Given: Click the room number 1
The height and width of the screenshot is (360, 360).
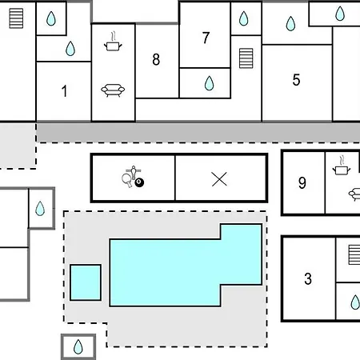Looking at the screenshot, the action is point(64,91).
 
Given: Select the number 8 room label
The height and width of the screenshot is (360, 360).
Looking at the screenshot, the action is point(156,59).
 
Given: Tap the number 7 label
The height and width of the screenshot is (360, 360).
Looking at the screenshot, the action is point(206,38).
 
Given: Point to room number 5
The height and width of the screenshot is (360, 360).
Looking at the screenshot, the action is point(296,80).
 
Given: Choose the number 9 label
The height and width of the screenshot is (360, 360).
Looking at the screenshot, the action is point(302,183).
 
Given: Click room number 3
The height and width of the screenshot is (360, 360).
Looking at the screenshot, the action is point(308,278).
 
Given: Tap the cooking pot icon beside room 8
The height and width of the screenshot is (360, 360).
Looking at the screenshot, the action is point(113,42).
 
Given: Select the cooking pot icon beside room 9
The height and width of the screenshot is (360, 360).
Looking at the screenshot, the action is point(342,166).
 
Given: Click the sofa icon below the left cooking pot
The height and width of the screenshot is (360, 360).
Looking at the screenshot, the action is point(113,90).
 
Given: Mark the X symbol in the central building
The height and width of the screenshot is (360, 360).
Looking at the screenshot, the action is point(219,179).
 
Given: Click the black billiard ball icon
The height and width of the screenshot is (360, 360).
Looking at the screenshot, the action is point(139,182).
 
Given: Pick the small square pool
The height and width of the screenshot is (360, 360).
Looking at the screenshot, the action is point(86,282).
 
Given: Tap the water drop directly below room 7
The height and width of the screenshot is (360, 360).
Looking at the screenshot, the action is point(209,83).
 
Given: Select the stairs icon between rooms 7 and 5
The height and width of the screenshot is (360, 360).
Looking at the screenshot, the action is point(246,58).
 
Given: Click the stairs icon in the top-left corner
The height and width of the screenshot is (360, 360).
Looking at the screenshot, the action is point(16,18).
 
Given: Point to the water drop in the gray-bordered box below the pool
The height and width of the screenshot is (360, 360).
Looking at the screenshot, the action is point(78,346).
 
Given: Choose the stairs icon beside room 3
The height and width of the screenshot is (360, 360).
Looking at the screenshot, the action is point(354,255).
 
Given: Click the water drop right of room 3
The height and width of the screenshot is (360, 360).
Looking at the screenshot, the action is point(355,302).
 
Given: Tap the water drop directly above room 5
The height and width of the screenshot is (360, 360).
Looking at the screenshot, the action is point(290,23).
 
